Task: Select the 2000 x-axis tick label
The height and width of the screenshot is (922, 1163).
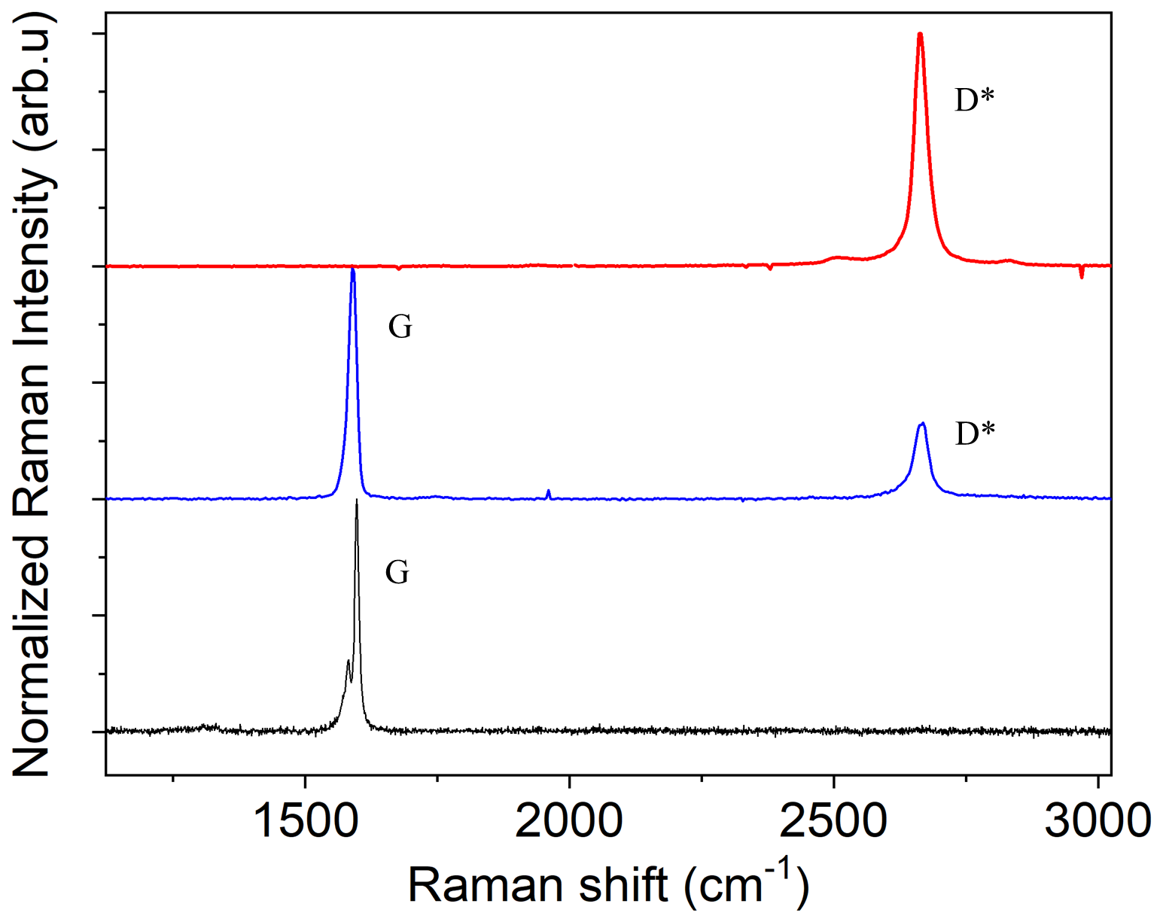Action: point(570,820)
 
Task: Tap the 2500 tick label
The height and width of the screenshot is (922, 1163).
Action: point(834,820)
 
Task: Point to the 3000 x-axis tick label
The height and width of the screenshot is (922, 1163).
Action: point(1098,820)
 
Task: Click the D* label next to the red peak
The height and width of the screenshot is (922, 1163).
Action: point(974,100)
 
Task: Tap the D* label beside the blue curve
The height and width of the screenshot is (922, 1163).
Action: point(975,434)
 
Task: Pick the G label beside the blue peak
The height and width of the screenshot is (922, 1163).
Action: point(400,327)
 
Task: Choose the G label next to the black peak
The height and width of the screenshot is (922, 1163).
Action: point(397,573)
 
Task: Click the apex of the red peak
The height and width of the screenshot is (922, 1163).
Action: point(920,34)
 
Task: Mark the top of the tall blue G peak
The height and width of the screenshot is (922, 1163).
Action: point(352,269)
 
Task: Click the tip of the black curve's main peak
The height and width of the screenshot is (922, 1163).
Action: point(356,501)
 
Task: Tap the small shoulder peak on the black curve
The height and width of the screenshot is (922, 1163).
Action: point(348,662)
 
